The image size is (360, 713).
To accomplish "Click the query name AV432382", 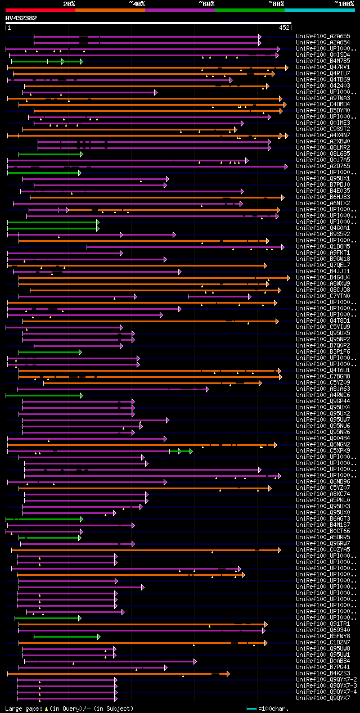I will coord(21,18).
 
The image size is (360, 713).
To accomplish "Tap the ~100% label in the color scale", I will coord(343,4).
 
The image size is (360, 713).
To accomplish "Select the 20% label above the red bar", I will coord(69,4).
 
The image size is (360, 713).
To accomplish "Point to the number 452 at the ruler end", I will coord(284,27).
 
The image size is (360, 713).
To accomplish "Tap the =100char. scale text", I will coord(275,709).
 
